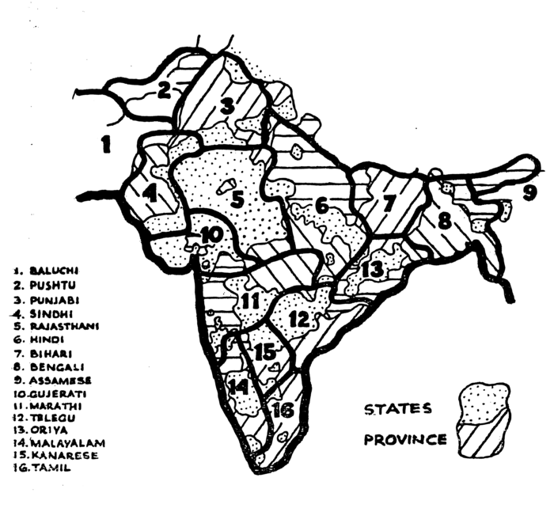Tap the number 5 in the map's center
pyautogui.click(x=238, y=200)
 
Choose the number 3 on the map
pyautogui.click(x=228, y=106)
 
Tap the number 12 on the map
pyautogui.click(x=300, y=320)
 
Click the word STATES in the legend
pyautogui.click(x=397, y=409)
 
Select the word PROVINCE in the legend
pyautogui.click(x=405, y=439)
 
